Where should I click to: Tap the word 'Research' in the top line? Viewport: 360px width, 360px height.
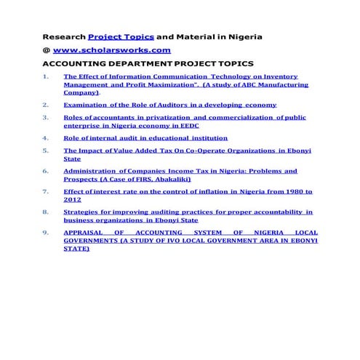64,36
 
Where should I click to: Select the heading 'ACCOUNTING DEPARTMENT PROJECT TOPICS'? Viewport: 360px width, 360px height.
147,64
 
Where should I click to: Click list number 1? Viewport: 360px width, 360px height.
46,76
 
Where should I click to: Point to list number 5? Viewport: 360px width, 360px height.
46,151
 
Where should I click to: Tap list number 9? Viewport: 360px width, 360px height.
46,233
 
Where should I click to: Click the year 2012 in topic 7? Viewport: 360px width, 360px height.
72,199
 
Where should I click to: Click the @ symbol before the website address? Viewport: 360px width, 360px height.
46,50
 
